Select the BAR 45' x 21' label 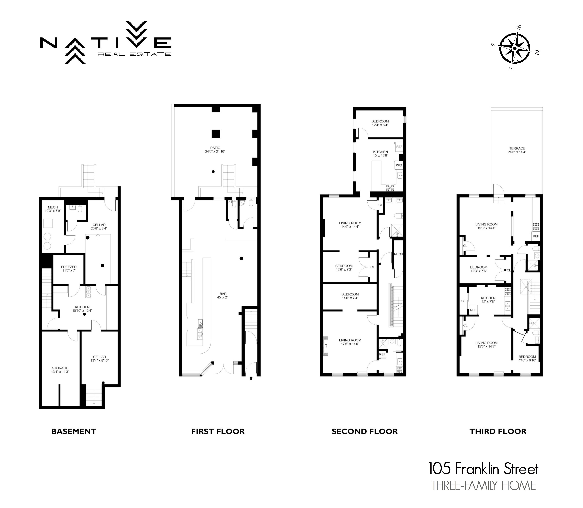[223, 295]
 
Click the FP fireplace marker [326, 346]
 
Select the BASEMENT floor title [74, 431]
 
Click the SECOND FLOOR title [365, 431]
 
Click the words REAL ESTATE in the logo [134, 54]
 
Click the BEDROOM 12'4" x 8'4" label [380, 123]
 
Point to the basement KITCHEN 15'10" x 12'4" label [82, 308]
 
